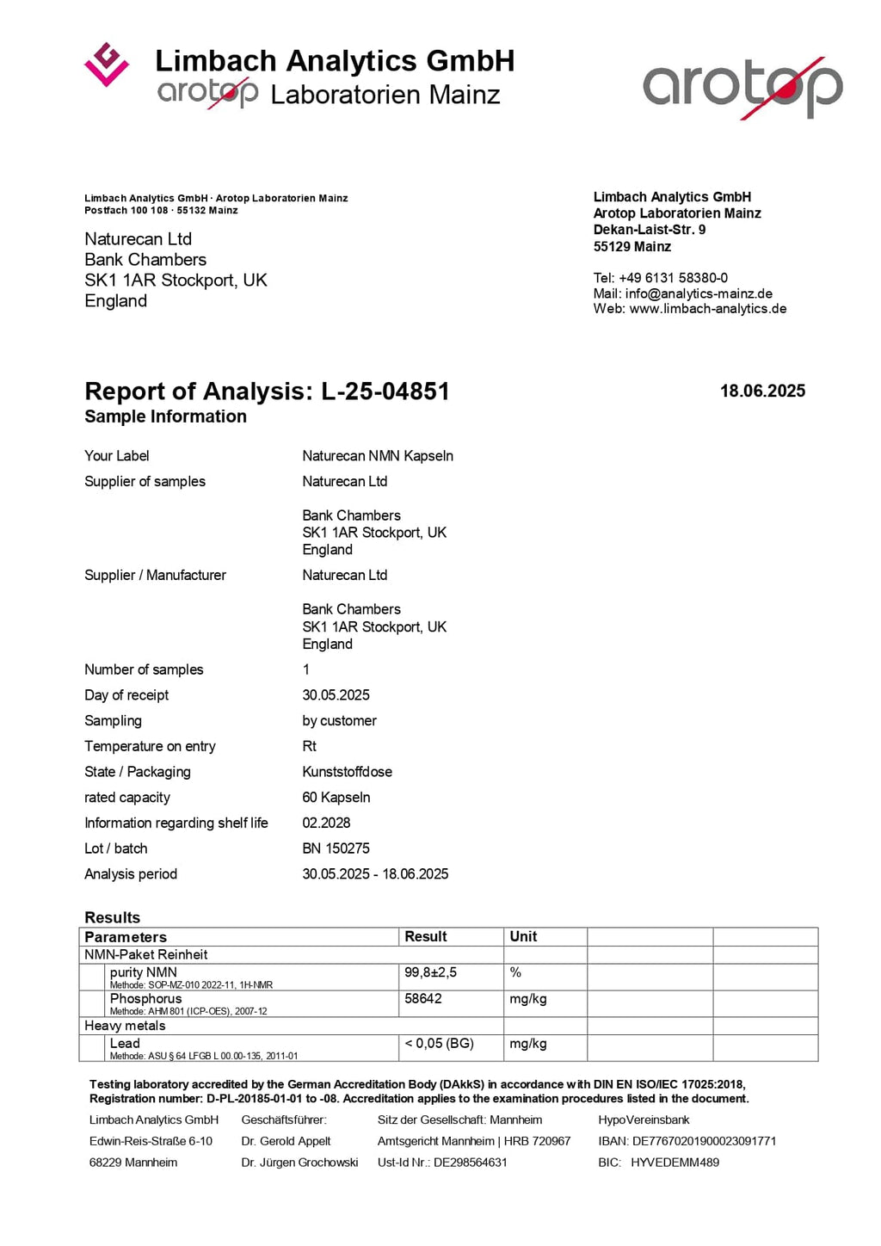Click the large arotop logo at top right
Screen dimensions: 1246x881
pyautogui.click(x=742, y=87)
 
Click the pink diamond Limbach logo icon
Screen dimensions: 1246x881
pyautogui.click(x=107, y=65)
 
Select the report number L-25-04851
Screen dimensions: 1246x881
pyautogui.click(x=385, y=392)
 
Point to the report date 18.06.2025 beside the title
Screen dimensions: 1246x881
pyautogui.click(x=762, y=392)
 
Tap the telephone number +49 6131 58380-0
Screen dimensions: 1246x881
pyautogui.click(x=673, y=278)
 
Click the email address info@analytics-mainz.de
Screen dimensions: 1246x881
pyautogui.click(x=699, y=293)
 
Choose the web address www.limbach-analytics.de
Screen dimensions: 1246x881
pyautogui.click(x=708, y=309)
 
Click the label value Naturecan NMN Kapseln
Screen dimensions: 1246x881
pyautogui.click(x=378, y=456)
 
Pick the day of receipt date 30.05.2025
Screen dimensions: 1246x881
pyautogui.click(x=336, y=695)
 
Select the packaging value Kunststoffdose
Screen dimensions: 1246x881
pyautogui.click(x=347, y=772)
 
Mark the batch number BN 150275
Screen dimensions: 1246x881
pyautogui.click(x=336, y=848)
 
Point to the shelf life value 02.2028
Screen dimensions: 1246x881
pyautogui.click(x=326, y=823)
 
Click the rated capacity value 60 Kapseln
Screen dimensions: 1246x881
pyautogui.click(x=336, y=798)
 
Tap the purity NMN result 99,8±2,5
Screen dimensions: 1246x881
pyautogui.click(x=430, y=972)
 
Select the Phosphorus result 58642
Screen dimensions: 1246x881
pyautogui.click(x=423, y=999)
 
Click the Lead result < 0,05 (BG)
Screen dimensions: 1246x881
pyautogui.click(x=439, y=1044)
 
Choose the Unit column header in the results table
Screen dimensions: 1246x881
pyautogui.click(x=523, y=937)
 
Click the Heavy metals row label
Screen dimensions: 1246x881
pyautogui.click(x=125, y=1026)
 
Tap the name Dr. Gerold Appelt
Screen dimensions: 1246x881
pyautogui.click(x=286, y=1141)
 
